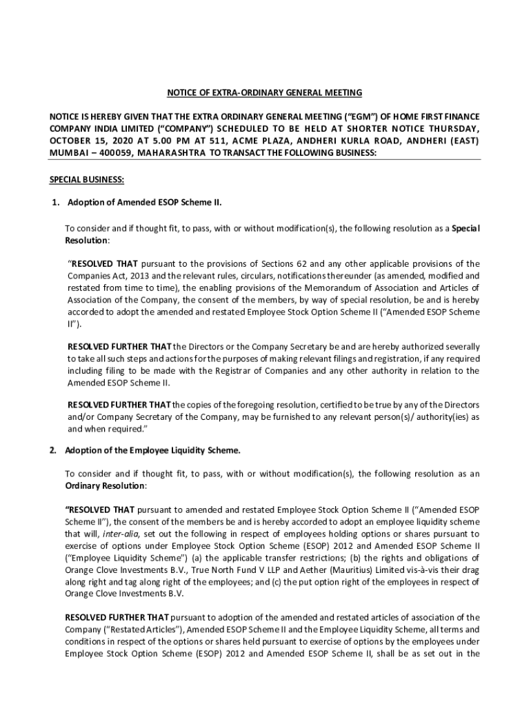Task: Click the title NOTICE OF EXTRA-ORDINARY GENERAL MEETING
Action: click(265, 92)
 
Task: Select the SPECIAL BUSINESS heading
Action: click(86, 180)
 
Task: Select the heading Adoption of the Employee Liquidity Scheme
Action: click(153, 451)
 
